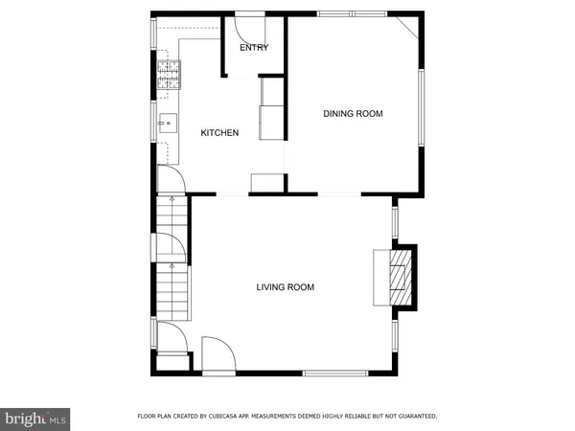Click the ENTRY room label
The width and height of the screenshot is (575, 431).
254,48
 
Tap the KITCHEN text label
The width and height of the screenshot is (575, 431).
219,133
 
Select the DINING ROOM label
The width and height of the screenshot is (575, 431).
353,114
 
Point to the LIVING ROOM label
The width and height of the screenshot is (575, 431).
285,287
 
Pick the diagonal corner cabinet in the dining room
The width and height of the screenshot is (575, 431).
407,26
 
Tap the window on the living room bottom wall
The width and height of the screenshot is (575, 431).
335,373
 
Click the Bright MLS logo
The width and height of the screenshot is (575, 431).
36,418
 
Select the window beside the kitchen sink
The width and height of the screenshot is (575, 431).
153,122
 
